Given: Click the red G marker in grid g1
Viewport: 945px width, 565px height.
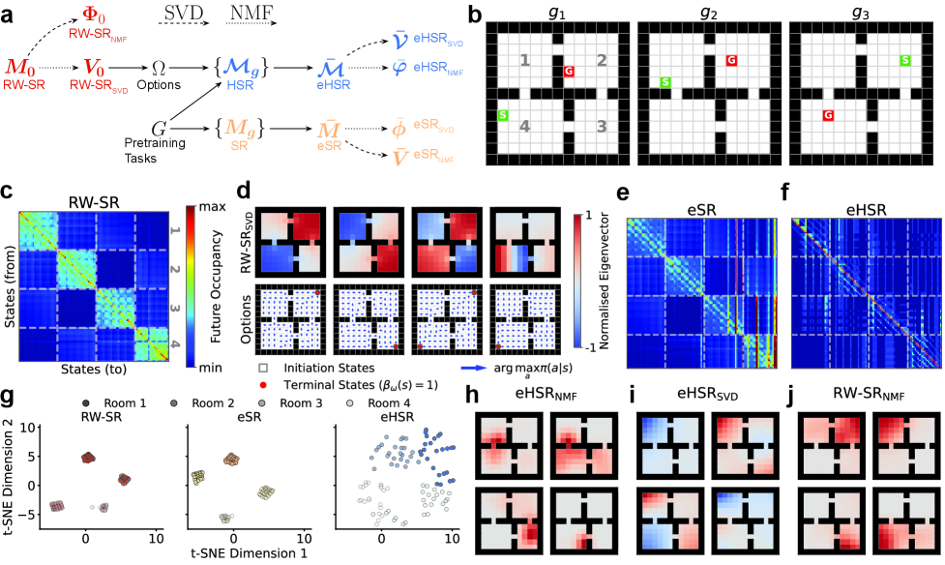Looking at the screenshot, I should [568, 73].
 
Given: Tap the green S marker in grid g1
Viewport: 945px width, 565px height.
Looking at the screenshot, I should [503, 116].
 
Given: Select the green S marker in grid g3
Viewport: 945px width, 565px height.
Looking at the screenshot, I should [904, 61].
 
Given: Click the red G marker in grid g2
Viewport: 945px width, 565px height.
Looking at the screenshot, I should [731, 61].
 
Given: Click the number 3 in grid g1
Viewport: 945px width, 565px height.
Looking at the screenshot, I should [602, 125].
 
